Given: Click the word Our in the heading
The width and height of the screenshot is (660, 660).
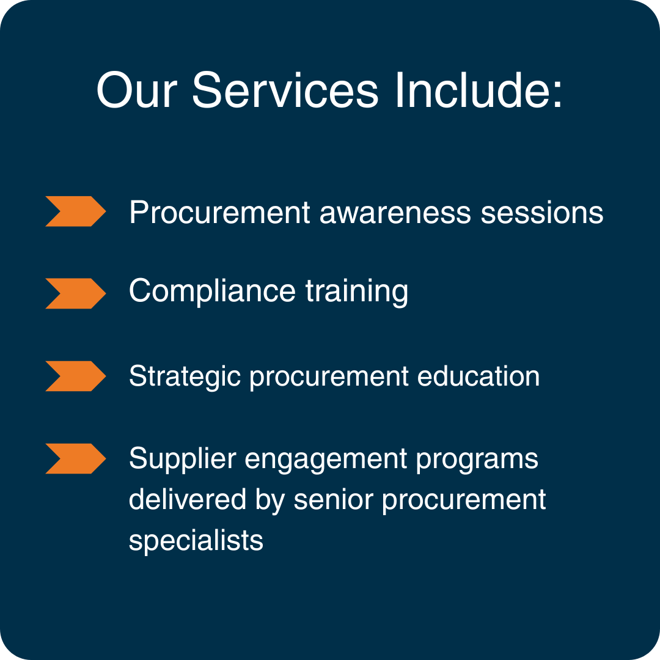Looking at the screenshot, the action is (x=136, y=90).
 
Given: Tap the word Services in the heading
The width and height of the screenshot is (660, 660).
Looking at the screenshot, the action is (x=285, y=90).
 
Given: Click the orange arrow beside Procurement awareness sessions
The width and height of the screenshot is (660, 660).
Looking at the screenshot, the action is (x=75, y=211).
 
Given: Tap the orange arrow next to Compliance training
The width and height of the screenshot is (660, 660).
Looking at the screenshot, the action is (x=75, y=293).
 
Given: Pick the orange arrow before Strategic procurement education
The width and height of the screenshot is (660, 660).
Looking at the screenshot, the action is (x=75, y=376).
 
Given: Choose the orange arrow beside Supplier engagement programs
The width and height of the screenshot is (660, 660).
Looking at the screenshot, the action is (x=75, y=458).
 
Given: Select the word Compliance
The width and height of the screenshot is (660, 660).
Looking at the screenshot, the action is (x=212, y=291).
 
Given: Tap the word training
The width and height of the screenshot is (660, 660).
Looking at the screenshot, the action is (x=357, y=291).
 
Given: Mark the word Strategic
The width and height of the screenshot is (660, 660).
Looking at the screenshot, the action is (x=185, y=376).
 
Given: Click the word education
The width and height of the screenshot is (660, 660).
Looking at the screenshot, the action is (x=478, y=376).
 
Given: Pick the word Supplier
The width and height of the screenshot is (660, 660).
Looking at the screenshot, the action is (x=182, y=459).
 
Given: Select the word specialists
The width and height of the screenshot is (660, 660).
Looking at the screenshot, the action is (x=196, y=541).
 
